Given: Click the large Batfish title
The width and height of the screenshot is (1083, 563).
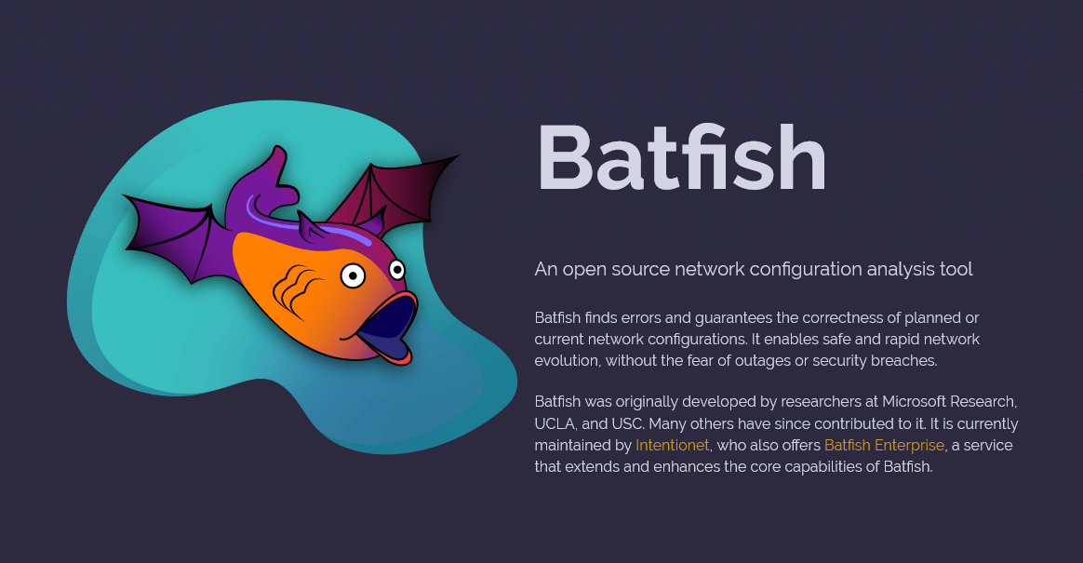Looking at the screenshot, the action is pos(681,157).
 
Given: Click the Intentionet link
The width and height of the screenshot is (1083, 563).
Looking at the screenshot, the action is pos(672,446).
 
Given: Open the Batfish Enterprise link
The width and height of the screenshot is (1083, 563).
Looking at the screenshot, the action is pos(884,446).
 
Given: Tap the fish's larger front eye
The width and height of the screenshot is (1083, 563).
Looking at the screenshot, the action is pos(353,276).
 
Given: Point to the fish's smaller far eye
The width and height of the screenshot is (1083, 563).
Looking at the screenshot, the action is pos(396,270).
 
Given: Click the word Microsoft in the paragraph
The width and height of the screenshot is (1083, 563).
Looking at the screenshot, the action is pos(913,402).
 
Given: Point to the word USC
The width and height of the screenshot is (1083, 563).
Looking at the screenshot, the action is pos(626,423).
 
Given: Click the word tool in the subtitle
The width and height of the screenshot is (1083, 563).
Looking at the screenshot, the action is pos(956,269).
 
